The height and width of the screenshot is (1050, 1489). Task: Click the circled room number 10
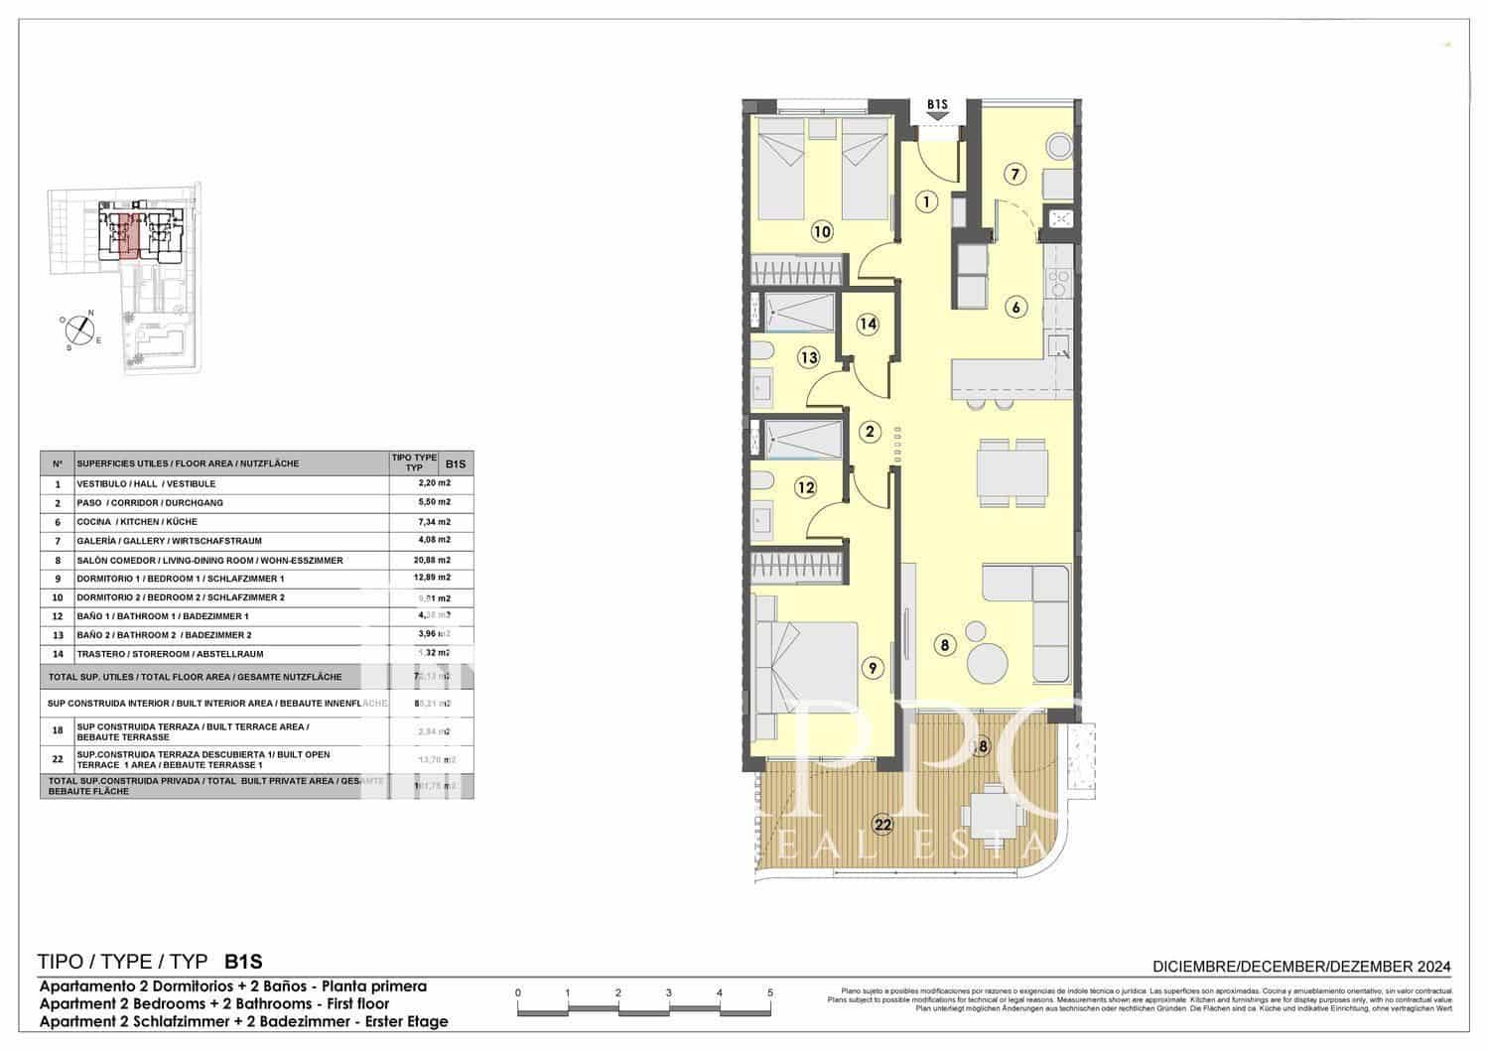821,232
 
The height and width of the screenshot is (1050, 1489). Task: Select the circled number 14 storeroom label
868,324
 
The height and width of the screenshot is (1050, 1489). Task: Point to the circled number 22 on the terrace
881,823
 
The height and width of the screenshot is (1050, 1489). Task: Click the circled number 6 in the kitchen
1015,307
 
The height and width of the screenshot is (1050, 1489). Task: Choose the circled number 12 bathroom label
805,487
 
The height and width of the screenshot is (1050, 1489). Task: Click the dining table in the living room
1012,473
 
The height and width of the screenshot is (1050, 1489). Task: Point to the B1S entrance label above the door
937,103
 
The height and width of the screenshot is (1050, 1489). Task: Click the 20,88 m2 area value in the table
434,560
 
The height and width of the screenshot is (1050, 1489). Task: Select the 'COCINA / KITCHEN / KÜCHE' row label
137,522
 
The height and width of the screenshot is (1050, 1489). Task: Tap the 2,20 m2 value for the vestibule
434,483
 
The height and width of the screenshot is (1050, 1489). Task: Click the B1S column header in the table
456,463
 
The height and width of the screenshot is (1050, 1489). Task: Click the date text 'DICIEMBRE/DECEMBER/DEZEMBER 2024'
1301,966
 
